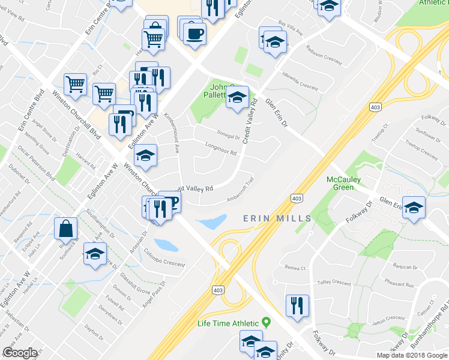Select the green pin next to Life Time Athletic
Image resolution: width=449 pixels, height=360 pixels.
pos(268,323)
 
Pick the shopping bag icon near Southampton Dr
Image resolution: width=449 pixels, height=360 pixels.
pos(65,229)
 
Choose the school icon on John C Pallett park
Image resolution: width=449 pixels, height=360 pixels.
pos(237,98)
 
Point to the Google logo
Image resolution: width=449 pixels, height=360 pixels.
pos(20,353)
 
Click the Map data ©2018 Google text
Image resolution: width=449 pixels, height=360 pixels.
pos(411,355)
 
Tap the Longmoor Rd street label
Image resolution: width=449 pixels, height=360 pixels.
pos(221,148)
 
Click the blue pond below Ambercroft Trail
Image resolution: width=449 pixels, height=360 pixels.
pos(211,223)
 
